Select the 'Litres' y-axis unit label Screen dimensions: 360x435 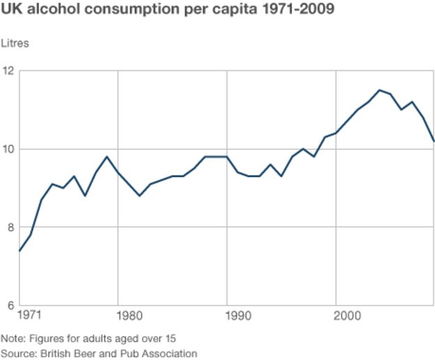[x=15, y=43]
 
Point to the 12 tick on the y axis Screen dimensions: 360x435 [x=8, y=71]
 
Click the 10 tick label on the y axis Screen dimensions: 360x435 [x=8, y=149]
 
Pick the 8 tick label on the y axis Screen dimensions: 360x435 [x=8, y=227]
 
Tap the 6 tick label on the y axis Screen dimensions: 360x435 [x=8, y=305]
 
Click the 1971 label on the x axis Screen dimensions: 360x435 [x=29, y=316]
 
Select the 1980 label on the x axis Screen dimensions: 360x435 [x=129, y=316]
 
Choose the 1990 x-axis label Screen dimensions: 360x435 [x=238, y=316]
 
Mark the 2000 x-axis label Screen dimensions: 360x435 [x=349, y=316]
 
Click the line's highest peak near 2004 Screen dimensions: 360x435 [x=379, y=90]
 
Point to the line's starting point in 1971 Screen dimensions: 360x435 [x=19, y=251]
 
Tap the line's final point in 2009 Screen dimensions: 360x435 [x=434, y=141]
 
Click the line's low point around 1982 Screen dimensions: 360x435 [x=139, y=195]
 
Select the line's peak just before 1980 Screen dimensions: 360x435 [x=107, y=156]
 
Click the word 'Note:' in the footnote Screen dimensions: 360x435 [x=13, y=339]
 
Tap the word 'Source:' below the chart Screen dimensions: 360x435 [x=18, y=353]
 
